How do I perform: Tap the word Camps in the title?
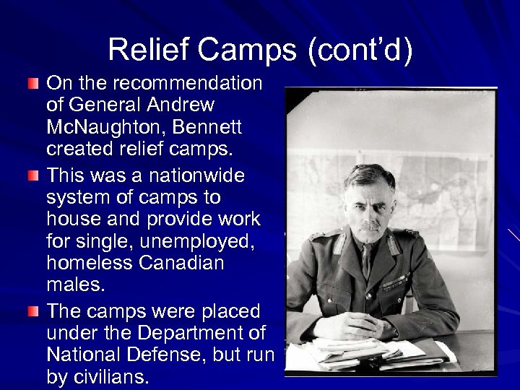(x=240, y=49)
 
